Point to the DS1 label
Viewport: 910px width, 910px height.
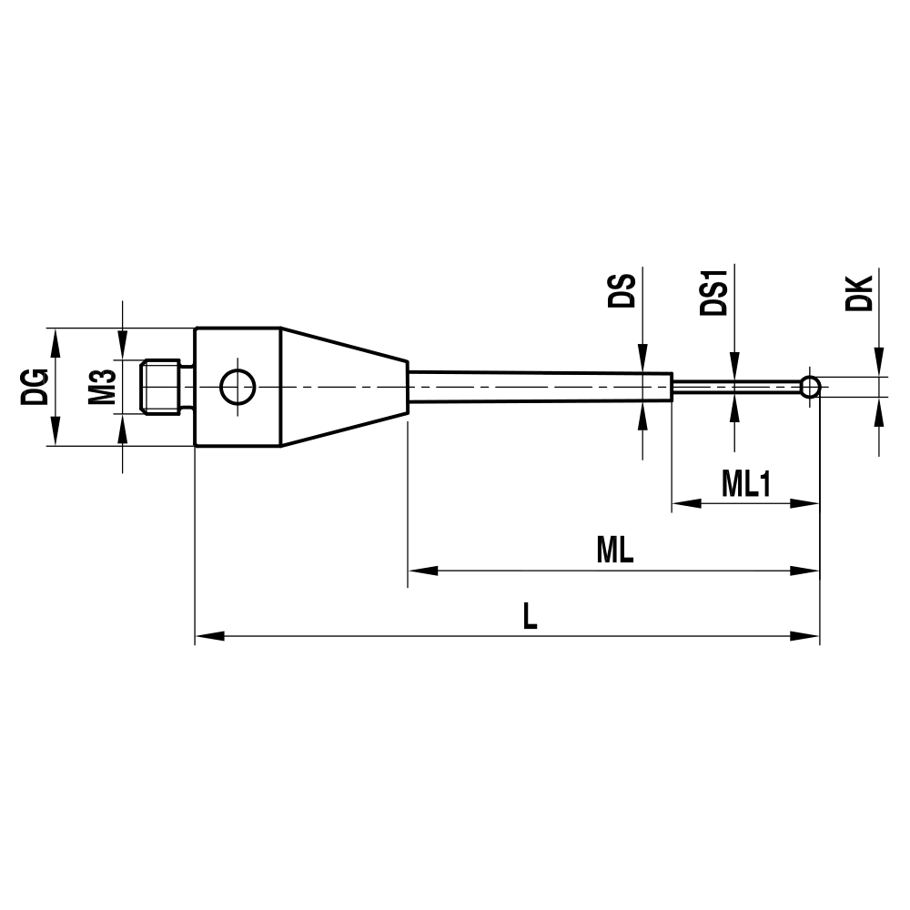click(715, 290)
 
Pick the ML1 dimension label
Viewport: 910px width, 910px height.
click(746, 485)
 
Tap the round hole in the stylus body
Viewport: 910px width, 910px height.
click(237, 388)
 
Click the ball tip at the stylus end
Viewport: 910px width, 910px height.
click(810, 388)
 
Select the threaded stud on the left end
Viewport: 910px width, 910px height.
click(165, 387)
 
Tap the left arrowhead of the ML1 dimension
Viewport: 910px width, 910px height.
click(685, 503)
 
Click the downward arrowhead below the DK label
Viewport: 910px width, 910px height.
click(879, 361)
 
